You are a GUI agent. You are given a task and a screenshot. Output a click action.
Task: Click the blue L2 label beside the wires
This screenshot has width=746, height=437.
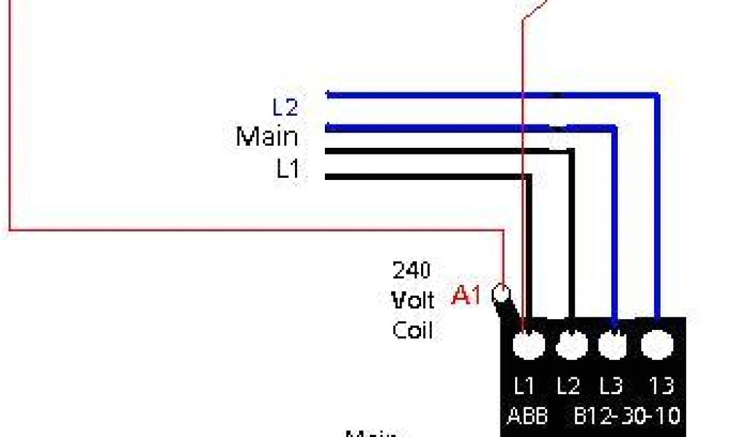click(286, 108)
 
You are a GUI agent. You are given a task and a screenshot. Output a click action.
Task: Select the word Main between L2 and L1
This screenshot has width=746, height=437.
click(267, 136)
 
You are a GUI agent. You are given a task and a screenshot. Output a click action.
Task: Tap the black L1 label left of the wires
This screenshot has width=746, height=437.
click(287, 169)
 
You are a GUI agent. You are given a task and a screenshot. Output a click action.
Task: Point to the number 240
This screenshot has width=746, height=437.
click(412, 270)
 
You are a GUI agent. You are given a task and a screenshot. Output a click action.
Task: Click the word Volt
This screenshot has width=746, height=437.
click(412, 300)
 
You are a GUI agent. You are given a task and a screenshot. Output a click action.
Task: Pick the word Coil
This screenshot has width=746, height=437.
click(412, 330)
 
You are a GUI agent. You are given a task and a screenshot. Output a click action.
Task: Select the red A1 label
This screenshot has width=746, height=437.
click(468, 295)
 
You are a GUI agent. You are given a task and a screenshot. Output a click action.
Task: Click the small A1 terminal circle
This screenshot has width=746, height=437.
click(501, 294)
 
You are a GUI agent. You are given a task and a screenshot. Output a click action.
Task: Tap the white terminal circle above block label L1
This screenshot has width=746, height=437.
click(528, 344)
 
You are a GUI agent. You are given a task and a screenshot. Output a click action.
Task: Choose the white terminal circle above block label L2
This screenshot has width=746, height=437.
click(571, 344)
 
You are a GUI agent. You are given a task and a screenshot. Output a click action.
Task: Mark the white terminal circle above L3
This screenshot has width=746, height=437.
click(613, 344)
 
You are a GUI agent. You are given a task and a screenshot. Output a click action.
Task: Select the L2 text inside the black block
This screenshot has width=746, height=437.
click(568, 385)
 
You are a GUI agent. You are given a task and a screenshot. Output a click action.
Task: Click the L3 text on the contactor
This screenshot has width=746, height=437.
click(611, 385)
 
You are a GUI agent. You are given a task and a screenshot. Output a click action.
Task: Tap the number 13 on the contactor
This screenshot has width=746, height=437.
click(659, 385)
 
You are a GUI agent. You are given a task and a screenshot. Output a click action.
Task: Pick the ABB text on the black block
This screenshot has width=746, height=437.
click(527, 416)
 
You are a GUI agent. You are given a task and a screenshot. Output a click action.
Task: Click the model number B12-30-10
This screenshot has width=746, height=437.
click(627, 416)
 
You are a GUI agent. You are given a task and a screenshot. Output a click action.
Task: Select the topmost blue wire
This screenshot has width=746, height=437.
click(474, 94)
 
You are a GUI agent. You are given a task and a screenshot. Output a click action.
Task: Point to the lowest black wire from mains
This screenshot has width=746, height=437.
click(423, 176)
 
